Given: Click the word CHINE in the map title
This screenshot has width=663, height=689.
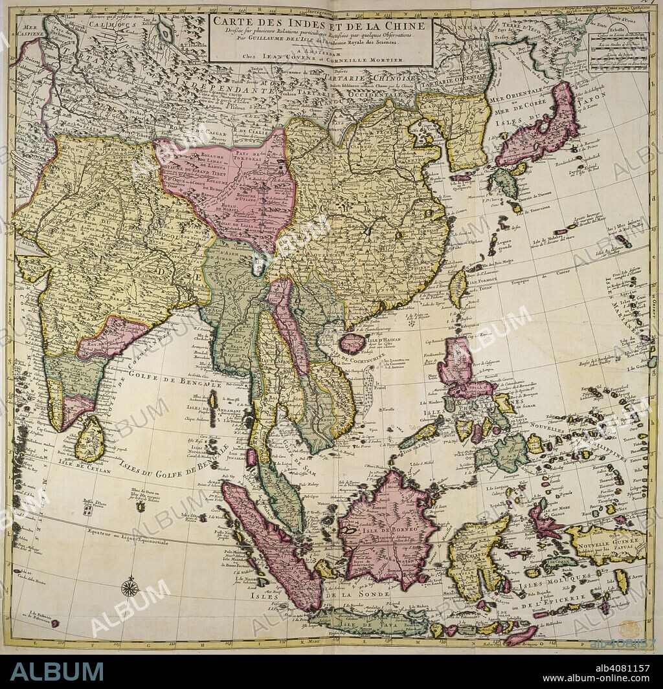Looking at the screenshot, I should click(404, 26).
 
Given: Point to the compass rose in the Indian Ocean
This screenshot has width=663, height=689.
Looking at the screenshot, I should click(129, 587).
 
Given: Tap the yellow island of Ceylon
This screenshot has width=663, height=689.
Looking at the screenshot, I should click(91, 439).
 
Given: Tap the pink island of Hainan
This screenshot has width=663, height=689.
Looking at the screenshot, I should click(353, 342).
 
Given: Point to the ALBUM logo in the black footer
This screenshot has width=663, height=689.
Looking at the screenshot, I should click(56, 672).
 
